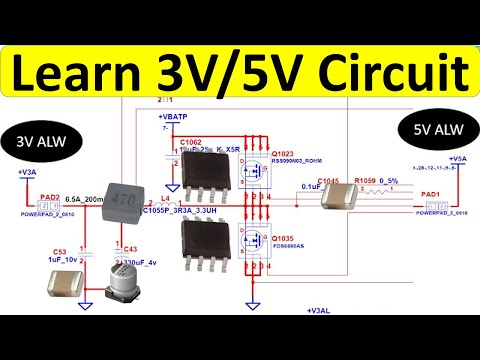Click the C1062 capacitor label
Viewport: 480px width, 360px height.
coord(191,143)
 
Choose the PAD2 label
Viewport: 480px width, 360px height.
coord(51,198)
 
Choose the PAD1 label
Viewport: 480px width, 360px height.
coord(431,193)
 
